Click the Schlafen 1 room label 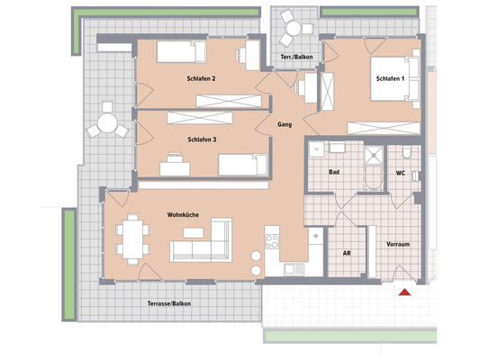coord(390,79)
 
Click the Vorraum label coord(399,243)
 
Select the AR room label coord(347,254)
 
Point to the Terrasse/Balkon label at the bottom coord(169,303)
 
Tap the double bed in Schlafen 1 coord(396,78)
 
